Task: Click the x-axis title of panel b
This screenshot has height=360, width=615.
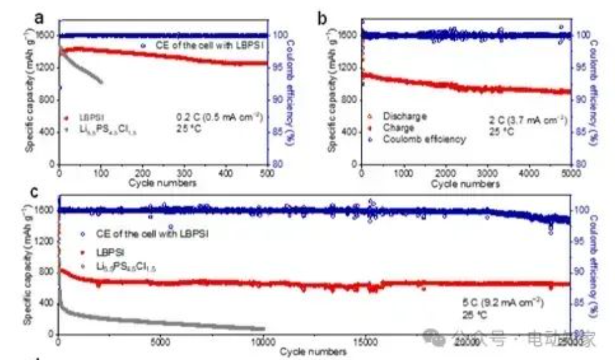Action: (465, 183)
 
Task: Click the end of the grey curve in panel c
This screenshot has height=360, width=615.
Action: (263, 328)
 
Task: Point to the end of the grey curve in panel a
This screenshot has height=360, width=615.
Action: (102, 82)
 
